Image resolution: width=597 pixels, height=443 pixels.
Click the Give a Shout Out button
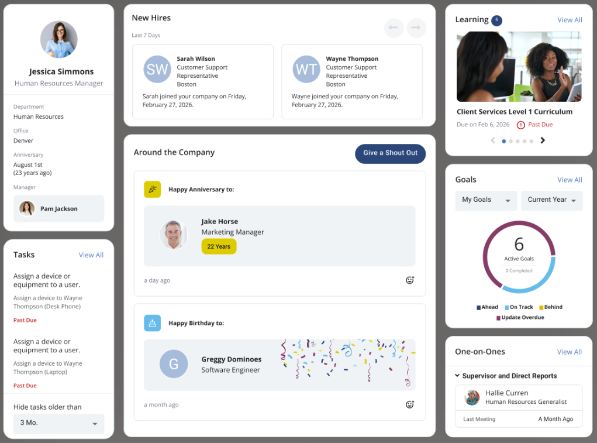click(x=390, y=153)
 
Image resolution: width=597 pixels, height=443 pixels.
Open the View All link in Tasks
click(x=91, y=255)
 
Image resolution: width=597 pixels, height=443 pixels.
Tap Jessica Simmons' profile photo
click(x=58, y=40)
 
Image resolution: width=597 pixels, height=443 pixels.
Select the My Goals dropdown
click(x=486, y=200)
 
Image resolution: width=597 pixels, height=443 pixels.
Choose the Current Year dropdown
click(x=551, y=200)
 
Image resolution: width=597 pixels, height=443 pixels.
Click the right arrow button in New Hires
click(x=417, y=28)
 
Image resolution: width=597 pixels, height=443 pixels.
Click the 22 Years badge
click(x=219, y=246)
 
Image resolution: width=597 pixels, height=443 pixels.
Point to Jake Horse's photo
click(x=174, y=235)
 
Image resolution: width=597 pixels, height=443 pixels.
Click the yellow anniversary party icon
click(x=152, y=190)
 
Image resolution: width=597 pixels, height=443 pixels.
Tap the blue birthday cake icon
click(x=152, y=323)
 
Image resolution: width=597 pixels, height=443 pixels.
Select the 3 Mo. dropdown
click(x=58, y=423)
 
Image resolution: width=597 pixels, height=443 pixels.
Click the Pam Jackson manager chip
click(x=58, y=209)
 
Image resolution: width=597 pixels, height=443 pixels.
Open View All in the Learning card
click(x=569, y=20)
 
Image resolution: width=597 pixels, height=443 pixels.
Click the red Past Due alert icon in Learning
click(x=520, y=125)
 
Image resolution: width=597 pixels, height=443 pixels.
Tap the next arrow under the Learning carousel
click(x=543, y=140)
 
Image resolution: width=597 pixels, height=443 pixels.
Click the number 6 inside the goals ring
click(x=519, y=244)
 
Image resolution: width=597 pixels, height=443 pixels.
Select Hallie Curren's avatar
click(x=472, y=397)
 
